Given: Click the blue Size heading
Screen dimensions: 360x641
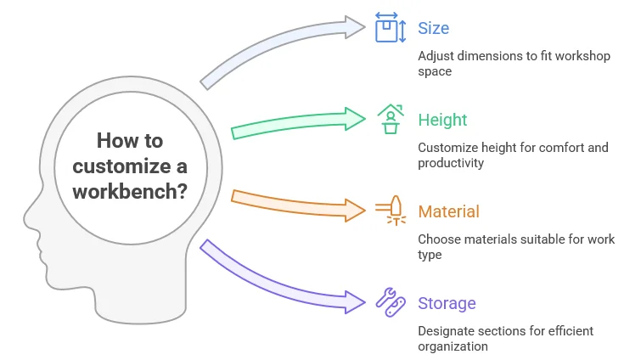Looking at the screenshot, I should tap(433, 28).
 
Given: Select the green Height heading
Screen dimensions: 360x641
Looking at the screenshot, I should tap(442, 120).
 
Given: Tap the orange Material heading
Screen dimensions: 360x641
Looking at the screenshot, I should tap(448, 211).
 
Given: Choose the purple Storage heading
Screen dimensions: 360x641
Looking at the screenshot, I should tap(447, 303).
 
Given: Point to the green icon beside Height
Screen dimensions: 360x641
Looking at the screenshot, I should tap(390, 119).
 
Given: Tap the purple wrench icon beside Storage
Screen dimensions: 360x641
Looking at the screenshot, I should tap(389, 301).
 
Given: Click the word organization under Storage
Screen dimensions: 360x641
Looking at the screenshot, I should tap(454, 346).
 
